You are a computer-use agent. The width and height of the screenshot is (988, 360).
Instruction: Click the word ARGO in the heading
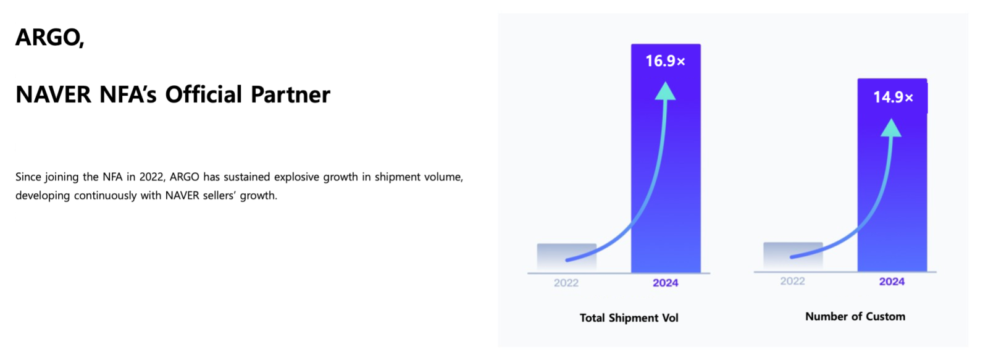[x=48, y=37]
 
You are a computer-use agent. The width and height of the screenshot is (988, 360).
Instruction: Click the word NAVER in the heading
[x=53, y=94]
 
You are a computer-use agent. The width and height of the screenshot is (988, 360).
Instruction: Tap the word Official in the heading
[x=204, y=94]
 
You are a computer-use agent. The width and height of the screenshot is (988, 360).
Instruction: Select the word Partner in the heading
[x=291, y=94]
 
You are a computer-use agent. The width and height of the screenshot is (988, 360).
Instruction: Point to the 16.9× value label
[x=665, y=61]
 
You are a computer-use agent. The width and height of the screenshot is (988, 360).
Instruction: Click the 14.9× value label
[x=893, y=97]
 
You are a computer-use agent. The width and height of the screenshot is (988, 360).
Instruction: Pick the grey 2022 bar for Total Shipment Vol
[x=567, y=257]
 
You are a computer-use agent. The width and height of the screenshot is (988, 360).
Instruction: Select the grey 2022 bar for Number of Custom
[x=793, y=256]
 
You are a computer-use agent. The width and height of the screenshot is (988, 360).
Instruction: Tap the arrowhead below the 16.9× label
[x=665, y=91]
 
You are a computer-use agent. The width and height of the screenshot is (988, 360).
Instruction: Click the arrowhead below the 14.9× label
[x=891, y=127]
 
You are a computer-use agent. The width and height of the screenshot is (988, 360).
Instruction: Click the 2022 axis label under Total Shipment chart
[x=566, y=283]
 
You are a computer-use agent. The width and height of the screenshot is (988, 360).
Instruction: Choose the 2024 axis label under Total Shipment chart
[x=666, y=283]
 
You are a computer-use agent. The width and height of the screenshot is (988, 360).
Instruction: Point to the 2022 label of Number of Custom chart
[x=793, y=281]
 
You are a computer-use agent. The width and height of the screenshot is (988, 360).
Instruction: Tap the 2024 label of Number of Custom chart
[x=892, y=282]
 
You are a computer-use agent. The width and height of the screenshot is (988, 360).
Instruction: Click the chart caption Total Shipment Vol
[x=629, y=317]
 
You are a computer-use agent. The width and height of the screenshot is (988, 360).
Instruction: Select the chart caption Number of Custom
[x=855, y=316]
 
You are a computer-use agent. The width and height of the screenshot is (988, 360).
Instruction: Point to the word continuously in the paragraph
[x=106, y=196]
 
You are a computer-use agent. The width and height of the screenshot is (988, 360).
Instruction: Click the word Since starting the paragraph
[x=28, y=177]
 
